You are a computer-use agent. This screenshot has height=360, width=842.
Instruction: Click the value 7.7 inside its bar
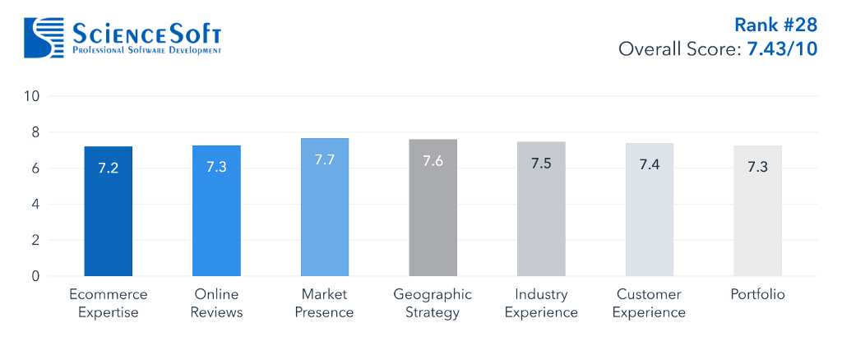[x=325, y=159]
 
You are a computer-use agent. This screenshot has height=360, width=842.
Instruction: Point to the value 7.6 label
[x=433, y=161]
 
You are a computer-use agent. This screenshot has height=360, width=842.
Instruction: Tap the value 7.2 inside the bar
[x=109, y=168]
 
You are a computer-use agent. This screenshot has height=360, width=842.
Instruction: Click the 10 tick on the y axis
[x=31, y=96]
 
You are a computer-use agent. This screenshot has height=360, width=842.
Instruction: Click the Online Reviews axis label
[x=216, y=303]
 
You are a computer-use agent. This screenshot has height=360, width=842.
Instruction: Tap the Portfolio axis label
[x=757, y=294]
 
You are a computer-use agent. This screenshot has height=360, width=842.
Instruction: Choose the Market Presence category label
[x=324, y=303]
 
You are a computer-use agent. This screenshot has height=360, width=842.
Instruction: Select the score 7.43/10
[x=782, y=49]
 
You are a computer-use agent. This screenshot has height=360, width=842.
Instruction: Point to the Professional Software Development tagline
[x=147, y=50]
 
